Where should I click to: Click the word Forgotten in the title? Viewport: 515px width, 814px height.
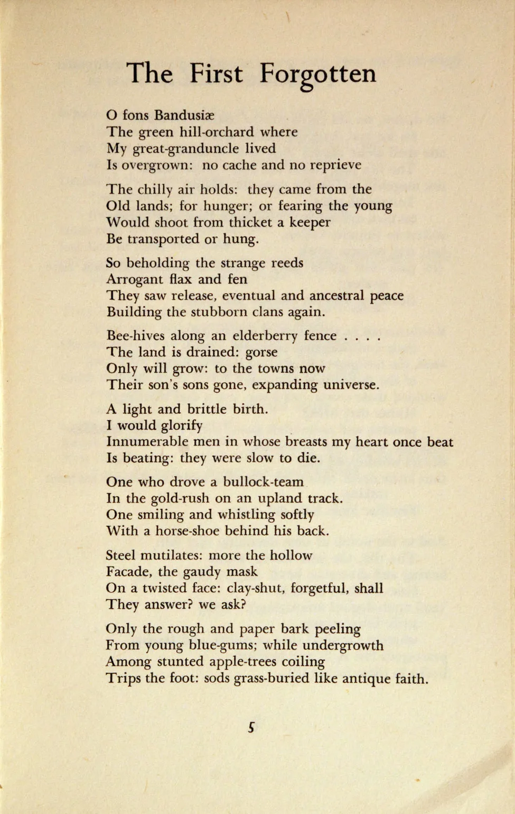(317, 74)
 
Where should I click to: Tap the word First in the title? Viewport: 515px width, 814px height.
(216, 73)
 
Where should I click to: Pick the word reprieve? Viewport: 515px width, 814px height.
(335, 165)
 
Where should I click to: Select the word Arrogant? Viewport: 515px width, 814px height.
(135, 279)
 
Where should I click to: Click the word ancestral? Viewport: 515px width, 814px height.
(322, 295)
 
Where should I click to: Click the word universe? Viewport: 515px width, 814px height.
(351, 385)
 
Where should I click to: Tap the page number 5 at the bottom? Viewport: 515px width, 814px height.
(251, 728)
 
